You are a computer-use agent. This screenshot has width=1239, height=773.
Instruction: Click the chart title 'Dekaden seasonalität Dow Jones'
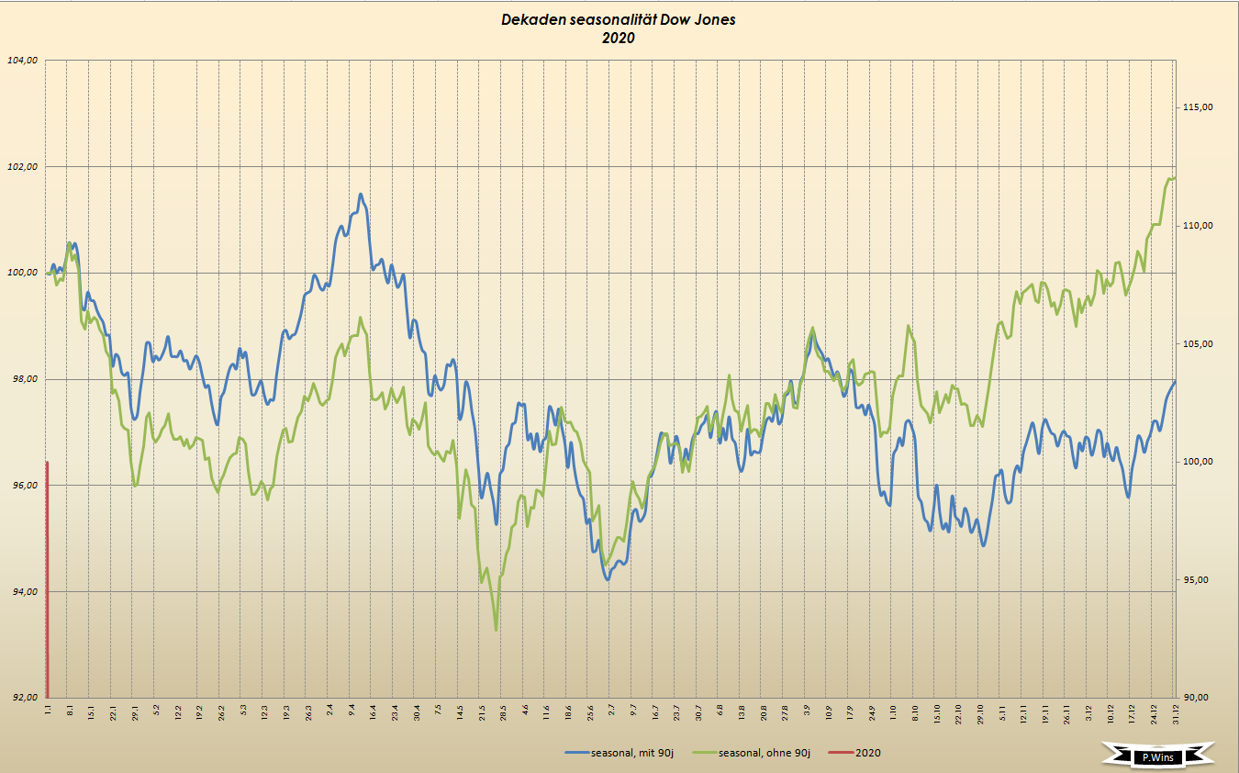click(x=619, y=19)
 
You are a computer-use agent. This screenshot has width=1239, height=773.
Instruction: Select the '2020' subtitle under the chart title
click(x=619, y=38)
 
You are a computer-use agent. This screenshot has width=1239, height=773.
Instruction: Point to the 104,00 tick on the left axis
click(x=21, y=61)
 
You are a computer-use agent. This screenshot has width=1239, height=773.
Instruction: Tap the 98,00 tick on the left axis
click(x=21, y=379)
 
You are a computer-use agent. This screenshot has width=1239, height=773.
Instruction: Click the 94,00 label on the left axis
click(x=21, y=591)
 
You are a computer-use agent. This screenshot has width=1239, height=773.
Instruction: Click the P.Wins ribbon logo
click(x=1159, y=756)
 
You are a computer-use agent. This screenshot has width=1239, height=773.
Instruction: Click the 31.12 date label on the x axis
click(x=1176, y=711)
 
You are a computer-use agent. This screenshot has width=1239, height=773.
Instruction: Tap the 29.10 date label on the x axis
click(x=981, y=711)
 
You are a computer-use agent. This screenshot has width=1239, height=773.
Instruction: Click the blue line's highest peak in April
click(x=361, y=194)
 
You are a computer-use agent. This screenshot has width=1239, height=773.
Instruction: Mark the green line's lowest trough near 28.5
click(x=497, y=629)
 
